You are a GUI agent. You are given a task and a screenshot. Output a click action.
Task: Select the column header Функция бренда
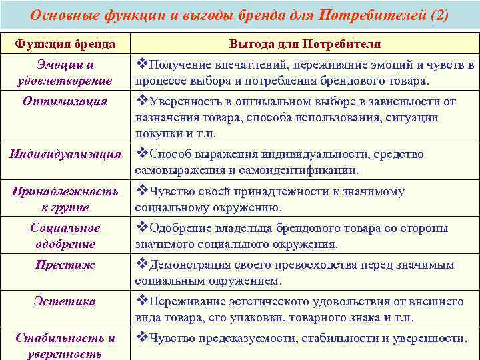(x=65, y=44)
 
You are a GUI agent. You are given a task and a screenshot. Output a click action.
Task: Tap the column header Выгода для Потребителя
(x=305, y=44)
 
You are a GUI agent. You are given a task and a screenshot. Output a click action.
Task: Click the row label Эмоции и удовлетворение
(x=65, y=73)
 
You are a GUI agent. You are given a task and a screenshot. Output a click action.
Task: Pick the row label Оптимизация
(x=65, y=101)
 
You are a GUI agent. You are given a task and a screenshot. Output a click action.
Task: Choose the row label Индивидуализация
(x=65, y=154)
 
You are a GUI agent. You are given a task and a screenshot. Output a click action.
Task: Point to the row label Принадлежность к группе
(x=65, y=199)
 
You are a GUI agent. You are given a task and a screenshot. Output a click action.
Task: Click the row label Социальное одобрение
(x=65, y=236)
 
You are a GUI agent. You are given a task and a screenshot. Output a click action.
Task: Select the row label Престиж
(x=65, y=265)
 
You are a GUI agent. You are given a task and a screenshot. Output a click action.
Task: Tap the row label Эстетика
(x=65, y=301)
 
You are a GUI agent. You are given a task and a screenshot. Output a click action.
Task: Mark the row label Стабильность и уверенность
(x=65, y=345)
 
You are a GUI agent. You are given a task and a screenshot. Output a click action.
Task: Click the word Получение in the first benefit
(x=179, y=65)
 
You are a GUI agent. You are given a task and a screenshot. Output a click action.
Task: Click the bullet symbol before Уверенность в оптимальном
(x=141, y=101)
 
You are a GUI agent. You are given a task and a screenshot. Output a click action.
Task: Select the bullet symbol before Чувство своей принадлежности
(x=141, y=191)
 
